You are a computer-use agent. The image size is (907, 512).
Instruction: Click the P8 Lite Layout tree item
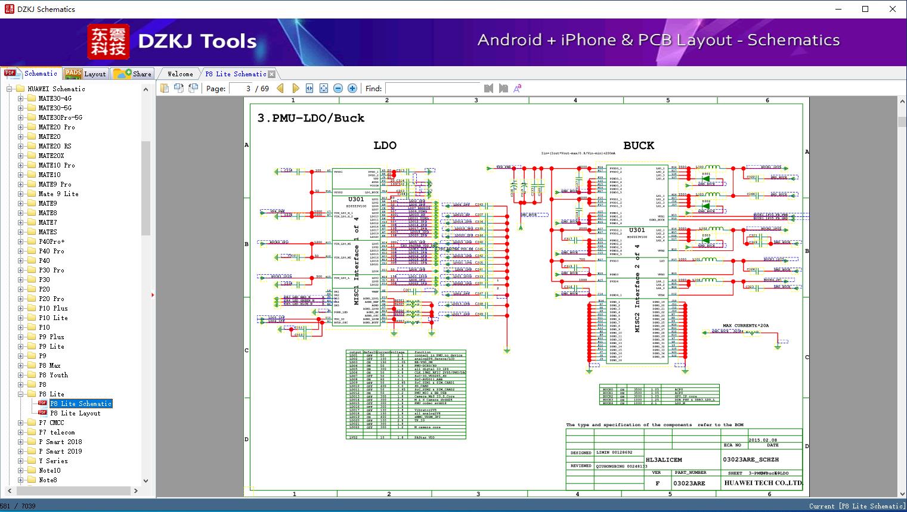[x=75, y=413]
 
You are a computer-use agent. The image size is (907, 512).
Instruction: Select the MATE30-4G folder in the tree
[x=55, y=98]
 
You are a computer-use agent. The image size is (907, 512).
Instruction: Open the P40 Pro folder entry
[x=51, y=251]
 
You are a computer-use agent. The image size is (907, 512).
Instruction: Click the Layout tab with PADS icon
[x=85, y=74]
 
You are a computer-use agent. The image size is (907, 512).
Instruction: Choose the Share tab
[x=134, y=74]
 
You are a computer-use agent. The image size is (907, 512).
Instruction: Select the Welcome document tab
[x=180, y=74]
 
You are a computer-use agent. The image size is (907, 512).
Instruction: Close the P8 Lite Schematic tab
[x=272, y=75]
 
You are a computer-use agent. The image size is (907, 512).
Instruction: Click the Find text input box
[x=432, y=89]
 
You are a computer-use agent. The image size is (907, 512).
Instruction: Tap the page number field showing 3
[x=241, y=89]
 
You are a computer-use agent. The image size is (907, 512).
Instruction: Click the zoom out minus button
[x=338, y=89]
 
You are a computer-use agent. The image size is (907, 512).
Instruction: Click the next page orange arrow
[x=295, y=89]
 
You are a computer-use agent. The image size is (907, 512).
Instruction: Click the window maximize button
[x=865, y=9]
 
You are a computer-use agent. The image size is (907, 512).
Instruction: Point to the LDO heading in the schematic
[x=385, y=145]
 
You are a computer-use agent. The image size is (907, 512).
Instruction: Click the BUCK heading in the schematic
[x=639, y=145]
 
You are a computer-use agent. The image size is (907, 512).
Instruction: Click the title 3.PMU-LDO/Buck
[x=311, y=118]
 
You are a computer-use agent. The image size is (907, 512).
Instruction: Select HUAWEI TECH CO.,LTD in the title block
[x=763, y=483]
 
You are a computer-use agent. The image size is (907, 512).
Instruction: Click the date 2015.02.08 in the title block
[x=763, y=440]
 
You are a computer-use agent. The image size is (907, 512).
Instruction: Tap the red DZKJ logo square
[x=108, y=42]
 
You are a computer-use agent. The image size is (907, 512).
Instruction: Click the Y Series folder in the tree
[x=53, y=461]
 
